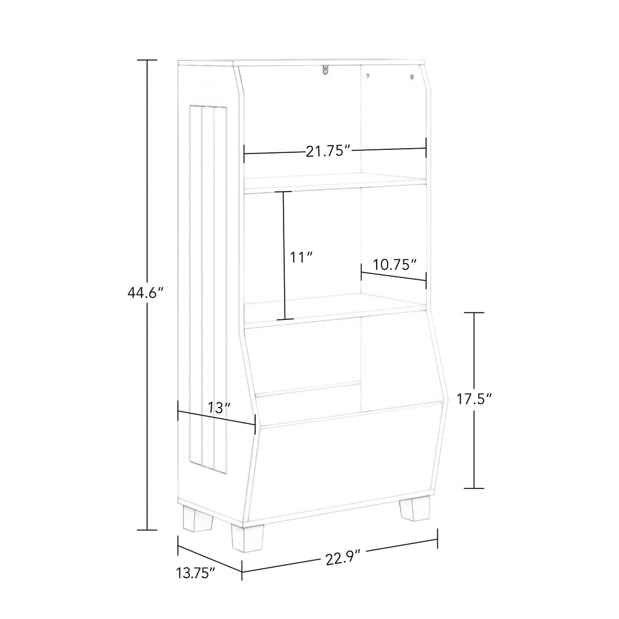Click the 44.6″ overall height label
coord(145,293)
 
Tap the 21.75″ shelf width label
coord(328,151)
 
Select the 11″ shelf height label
coord(301,258)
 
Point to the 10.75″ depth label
coord(395,264)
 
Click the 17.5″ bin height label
coord(475,399)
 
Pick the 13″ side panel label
coord(219,408)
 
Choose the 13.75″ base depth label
coord(196,572)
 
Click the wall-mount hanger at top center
coord(325,70)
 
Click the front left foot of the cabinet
coord(247,537)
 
